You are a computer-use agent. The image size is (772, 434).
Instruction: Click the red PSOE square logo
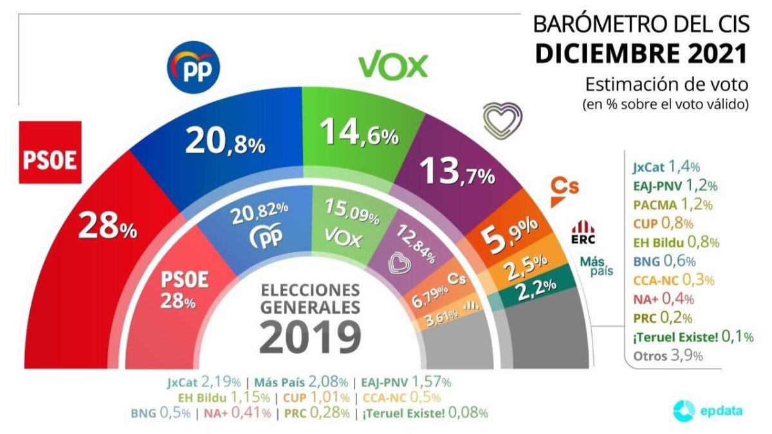50,152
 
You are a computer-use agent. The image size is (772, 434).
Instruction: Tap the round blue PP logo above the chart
194,68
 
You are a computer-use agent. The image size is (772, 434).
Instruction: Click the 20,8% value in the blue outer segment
225,142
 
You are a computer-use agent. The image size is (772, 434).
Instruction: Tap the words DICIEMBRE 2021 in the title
641,54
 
